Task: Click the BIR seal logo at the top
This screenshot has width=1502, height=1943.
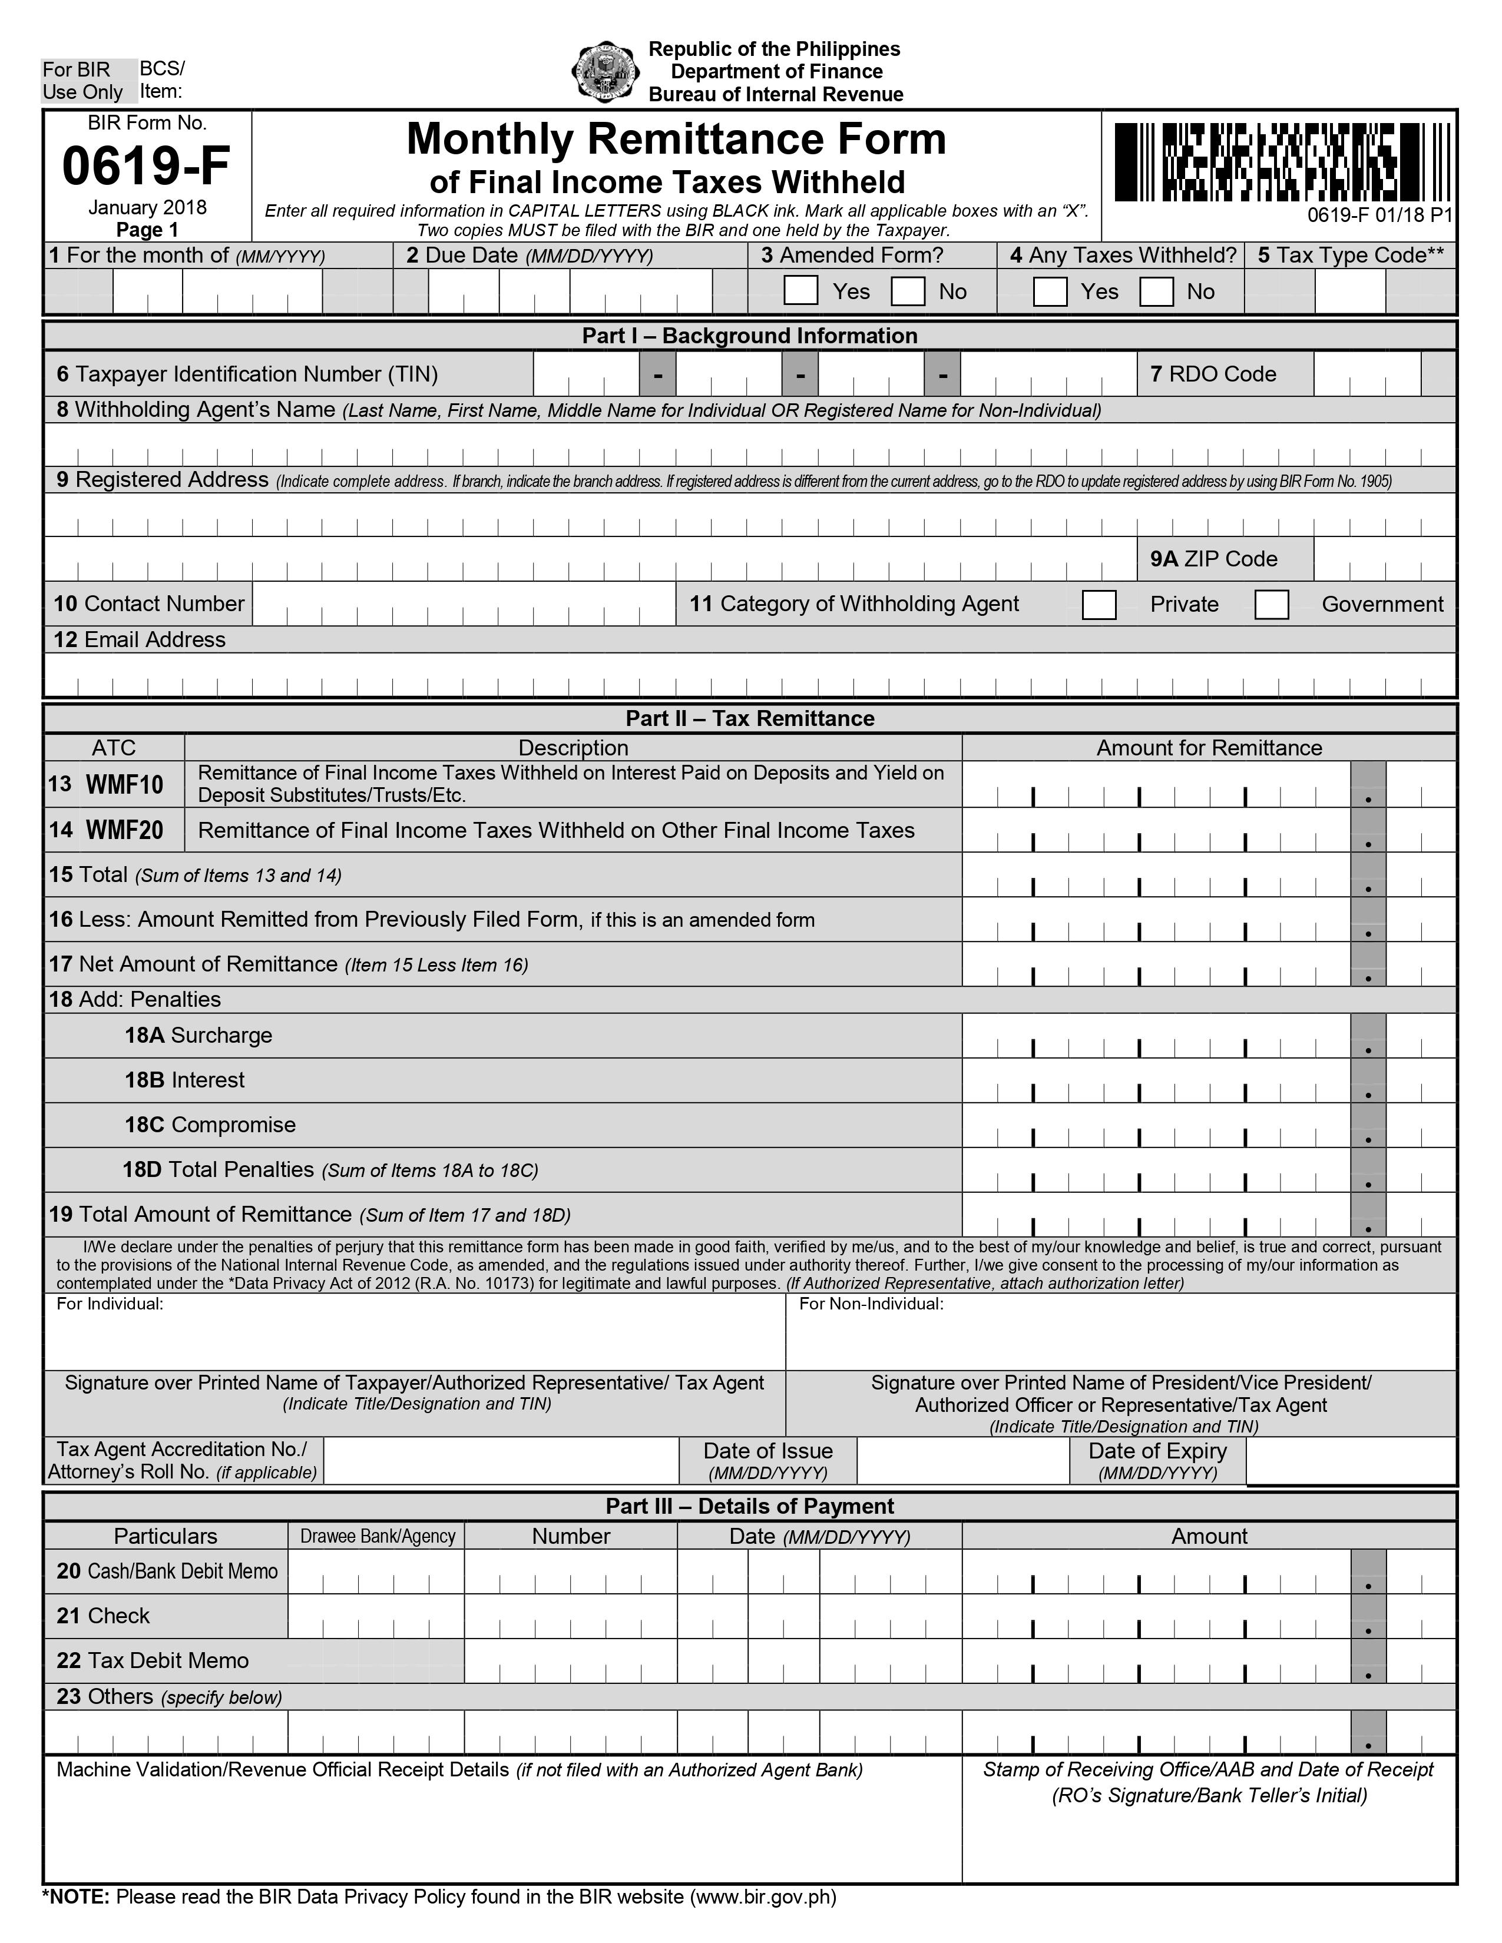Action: tap(604, 72)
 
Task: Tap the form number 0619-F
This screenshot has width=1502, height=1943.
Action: tap(146, 165)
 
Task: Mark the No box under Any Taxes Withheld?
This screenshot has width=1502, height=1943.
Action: tap(1156, 291)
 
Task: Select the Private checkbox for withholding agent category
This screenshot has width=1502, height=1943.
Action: tap(1099, 605)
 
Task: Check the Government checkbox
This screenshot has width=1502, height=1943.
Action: tap(1272, 605)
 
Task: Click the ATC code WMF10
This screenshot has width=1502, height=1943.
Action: tap(124, 785)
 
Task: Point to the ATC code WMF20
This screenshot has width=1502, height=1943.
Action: tap(124, 831)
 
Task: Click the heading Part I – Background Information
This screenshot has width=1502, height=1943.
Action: tap(749, 336)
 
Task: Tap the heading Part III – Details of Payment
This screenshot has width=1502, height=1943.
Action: tap(749, 1506)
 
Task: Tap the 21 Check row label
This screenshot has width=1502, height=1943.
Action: tap(103, 1616)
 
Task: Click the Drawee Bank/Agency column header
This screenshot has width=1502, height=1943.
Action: tap(378, 1536)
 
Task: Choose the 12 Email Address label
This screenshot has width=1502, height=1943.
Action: tap(139, 639)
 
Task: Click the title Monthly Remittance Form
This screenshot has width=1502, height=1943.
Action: tap(676, 140)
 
